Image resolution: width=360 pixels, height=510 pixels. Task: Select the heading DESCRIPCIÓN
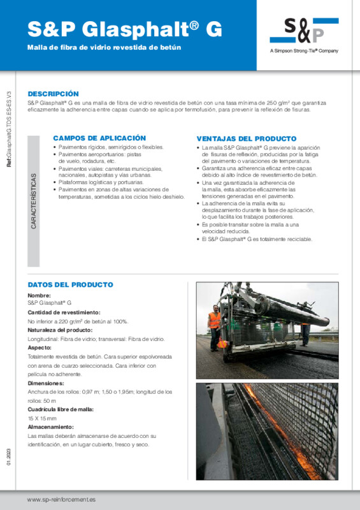coord(54,94)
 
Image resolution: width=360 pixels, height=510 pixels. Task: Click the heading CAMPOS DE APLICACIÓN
coord(99,138)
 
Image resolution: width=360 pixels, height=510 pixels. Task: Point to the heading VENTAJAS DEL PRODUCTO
coord(246,138)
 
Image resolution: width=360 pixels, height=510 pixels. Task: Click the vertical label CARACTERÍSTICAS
coord(34,201)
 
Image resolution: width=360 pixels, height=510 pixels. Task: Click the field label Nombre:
coord(40,296)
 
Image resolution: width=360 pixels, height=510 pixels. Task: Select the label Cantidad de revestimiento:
coord(64,312)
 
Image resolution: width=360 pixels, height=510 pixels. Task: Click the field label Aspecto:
coord(39,348)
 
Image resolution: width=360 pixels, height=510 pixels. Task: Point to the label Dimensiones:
coord(46,383)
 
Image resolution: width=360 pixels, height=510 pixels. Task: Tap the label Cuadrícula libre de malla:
coord(61,409)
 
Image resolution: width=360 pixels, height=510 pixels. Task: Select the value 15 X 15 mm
coord(42,418)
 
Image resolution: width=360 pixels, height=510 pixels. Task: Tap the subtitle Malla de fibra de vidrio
coord(104,48)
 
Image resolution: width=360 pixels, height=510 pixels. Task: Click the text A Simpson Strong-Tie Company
coord(304,51)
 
